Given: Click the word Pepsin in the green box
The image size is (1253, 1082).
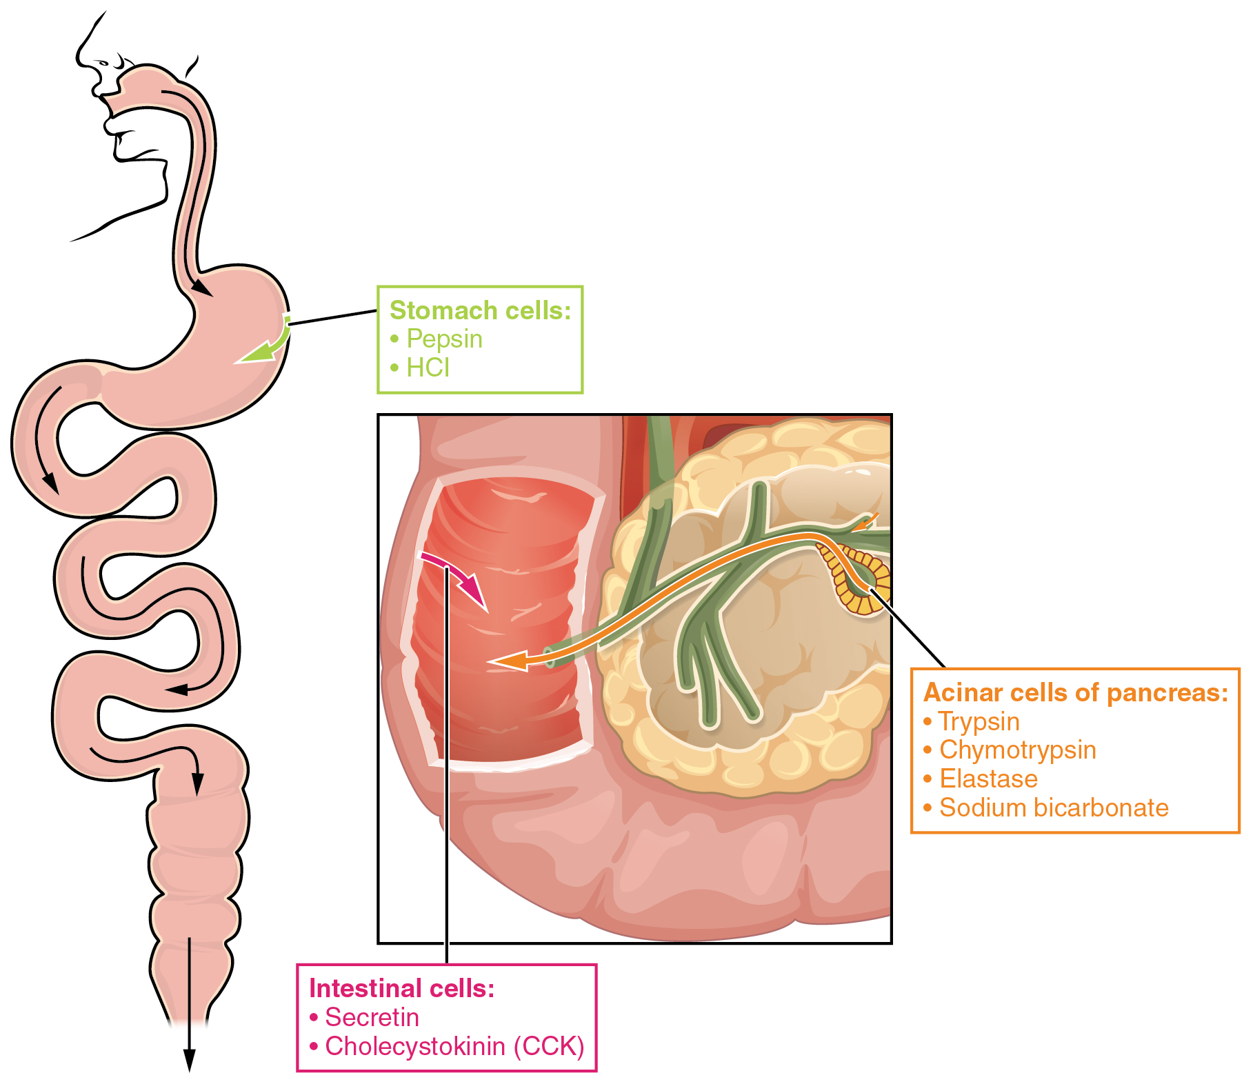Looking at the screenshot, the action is tap(444, 339).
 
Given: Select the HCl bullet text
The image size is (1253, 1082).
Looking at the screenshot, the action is tap(428, 368).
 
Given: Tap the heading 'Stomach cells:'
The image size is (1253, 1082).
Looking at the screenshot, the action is tap(480, 310).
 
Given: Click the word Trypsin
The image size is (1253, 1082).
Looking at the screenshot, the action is tap(979, 722).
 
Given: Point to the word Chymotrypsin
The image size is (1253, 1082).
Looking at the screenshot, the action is tap(1017, 750).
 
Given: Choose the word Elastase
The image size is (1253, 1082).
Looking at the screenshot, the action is tap(988, 779).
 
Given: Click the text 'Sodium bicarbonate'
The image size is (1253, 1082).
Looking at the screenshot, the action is tap(1054, 808).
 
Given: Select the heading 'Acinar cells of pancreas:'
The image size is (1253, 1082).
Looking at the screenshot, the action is tap(1075, 693).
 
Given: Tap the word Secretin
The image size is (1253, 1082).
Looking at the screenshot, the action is tap(372, 1017).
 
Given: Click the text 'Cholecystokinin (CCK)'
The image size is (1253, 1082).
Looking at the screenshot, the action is tap(454, 1046).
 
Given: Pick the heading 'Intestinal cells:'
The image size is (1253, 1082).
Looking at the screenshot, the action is tap(401, 988).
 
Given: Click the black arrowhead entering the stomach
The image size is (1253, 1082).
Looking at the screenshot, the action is tap(202, 288).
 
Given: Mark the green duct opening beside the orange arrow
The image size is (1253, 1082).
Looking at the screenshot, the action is tap(549, 657).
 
